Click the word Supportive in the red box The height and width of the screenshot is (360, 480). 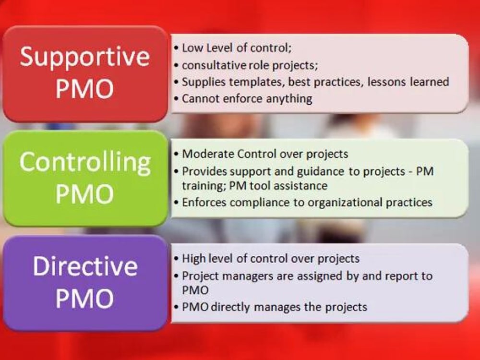click(85, 57)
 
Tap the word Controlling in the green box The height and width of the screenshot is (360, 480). click(85, 162)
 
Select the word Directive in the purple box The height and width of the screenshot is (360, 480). click(85, 266)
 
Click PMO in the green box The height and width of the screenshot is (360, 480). click(85, 194)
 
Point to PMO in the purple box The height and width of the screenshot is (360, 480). click(85, 298)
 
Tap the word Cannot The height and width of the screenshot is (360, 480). click(199, 99)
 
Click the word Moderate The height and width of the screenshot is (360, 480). click(208, 154)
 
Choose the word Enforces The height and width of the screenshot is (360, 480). click(204, 202)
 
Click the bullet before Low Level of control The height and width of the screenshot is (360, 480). click(177, 48)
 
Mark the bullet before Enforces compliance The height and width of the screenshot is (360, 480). click(177, 203)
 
